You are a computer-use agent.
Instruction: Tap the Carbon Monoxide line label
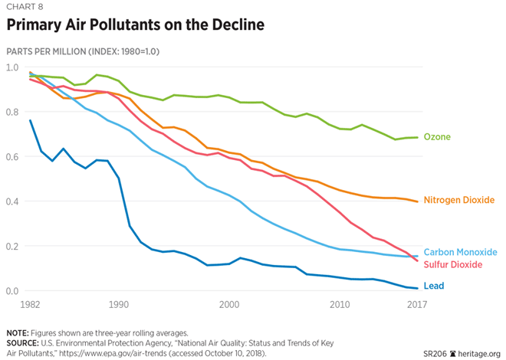461,252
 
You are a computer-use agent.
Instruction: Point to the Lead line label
434,286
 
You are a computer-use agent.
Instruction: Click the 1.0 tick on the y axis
13,67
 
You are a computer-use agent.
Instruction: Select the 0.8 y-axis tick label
13,112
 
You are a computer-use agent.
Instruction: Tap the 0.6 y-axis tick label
13,157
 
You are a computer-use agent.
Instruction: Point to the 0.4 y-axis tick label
13,201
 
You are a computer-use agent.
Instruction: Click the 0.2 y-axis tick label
13,247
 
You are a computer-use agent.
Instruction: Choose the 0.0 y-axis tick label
13,291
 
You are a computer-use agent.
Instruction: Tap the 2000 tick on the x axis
228,305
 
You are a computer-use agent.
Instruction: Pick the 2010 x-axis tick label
339,305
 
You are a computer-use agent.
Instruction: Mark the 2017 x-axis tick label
416,305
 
